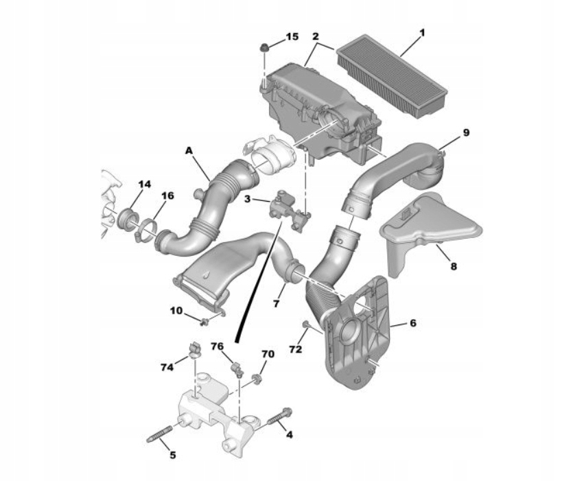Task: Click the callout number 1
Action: [422, 32]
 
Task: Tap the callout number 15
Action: [292, 36]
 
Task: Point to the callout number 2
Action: [315, 36]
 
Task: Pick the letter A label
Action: [189, 149]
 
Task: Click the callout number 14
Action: [143, 183]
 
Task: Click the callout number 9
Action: [466, 132]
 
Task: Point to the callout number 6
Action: [412, 322]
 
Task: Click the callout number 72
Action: [295, 350]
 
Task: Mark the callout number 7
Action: [277, 303]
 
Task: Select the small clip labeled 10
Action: [205, 320]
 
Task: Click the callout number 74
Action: [167, 367]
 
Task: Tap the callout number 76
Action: [218, 346]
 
